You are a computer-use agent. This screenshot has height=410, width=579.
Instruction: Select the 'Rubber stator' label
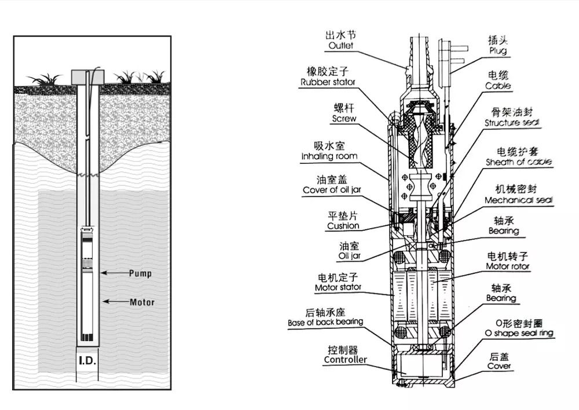[x=328, y=82]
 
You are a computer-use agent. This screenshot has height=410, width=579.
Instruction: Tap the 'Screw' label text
[x=344, y=119]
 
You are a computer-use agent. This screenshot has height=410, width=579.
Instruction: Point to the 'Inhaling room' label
[x=329, y=156]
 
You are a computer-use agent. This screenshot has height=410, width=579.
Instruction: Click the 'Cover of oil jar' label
[x=332, y=190]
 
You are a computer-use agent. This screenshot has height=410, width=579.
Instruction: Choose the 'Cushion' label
[x=343, y=226]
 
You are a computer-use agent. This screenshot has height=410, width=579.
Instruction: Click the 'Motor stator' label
[x=338, y=287]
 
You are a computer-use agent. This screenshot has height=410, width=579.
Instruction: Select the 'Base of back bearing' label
[x=325, y=322]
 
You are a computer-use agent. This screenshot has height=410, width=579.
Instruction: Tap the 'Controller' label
[x=345, y=360]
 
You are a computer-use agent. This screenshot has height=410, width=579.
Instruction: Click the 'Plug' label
[x=497, y=50]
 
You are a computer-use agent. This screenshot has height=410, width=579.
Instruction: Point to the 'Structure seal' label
[x=512, y=123]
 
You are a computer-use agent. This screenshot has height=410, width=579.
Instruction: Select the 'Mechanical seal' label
[x=518, y=200]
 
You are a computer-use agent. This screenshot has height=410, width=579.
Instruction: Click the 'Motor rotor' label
[x=507, y=266]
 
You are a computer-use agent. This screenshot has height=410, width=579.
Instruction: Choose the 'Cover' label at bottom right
[x=499, y=366]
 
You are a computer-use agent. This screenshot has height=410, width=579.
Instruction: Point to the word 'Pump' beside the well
[x=140, y=273]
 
